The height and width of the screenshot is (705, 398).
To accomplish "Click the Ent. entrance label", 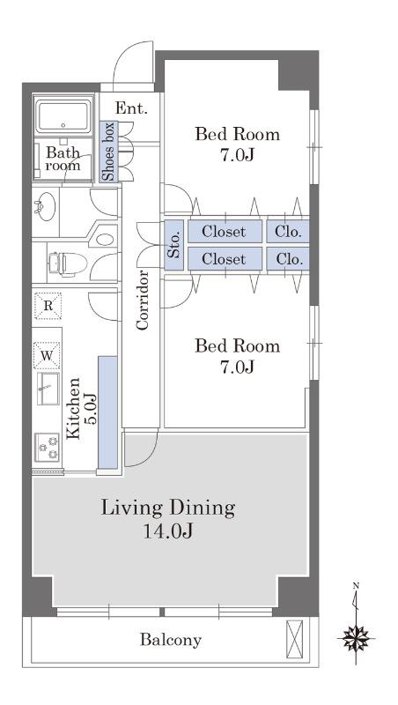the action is click(x=131, y=108).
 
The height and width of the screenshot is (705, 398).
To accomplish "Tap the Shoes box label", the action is click(x=108, y=152).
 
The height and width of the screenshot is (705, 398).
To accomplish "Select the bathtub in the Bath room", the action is click(x=63, y=116).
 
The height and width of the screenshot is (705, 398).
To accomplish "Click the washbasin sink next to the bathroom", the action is click(x=46, y=206).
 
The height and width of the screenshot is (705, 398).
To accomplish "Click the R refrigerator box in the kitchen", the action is click(x=48, y=306).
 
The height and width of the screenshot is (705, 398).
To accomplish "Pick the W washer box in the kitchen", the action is click(x=48, y=356).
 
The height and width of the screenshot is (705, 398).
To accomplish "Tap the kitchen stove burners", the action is click(x=48, y=448).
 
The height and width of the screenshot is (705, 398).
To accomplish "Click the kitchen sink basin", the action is click(x=48, y=389).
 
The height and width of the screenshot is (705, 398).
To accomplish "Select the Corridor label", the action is click(x=143, y=300).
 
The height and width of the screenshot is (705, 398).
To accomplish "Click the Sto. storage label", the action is click(x=174, y=244).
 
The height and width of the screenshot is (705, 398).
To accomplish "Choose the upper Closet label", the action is click(x=224, y=232).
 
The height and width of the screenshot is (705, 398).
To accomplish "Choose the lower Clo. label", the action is click(x=288, y=259).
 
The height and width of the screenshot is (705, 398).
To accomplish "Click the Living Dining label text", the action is click(x=168, y=508).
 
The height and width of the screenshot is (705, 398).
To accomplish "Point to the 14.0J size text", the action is click(x=168, y=532).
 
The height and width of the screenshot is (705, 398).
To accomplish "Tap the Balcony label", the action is click(x=170, y=640).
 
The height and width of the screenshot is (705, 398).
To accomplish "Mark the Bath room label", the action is click(x=63, y=159).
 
